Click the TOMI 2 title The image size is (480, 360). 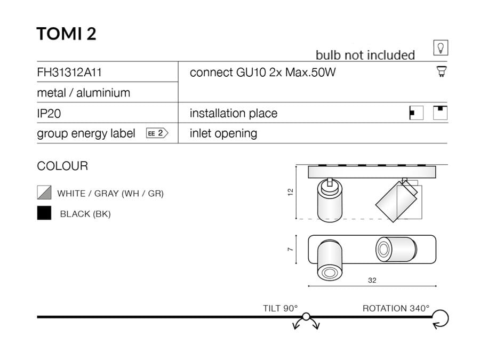click(66, 34)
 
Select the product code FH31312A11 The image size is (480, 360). click(69, 73)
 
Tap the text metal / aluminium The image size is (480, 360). click(83, 93)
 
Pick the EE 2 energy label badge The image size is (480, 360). click(157, 133)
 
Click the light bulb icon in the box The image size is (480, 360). click(441, 48)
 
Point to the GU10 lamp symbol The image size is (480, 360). click(441, 71)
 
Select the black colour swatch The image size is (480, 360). click(44, 213)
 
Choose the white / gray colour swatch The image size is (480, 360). click(44, 193)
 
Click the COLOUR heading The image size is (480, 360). click(62, 166)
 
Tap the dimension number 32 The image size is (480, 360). click(372, 280)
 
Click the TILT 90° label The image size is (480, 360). click(281, 308)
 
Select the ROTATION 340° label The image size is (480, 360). click(396, 308)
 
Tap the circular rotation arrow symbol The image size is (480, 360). click(441, 318)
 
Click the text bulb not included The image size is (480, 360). click(365, 55)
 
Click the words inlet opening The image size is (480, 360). click(223, 133)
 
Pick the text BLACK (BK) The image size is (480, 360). click(85, 214)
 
